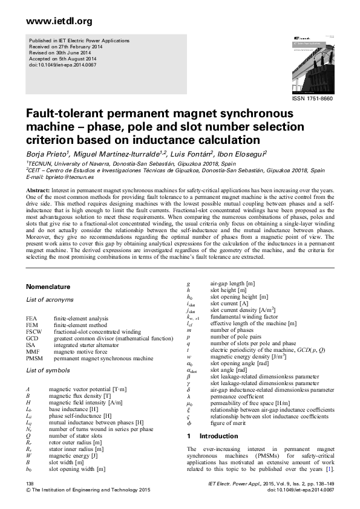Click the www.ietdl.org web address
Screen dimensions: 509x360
tap(59, 22)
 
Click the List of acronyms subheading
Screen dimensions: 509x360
tap(51, 299)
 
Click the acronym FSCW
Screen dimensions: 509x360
tap(34, 332)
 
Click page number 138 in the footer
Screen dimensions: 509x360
tap(30, 484)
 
